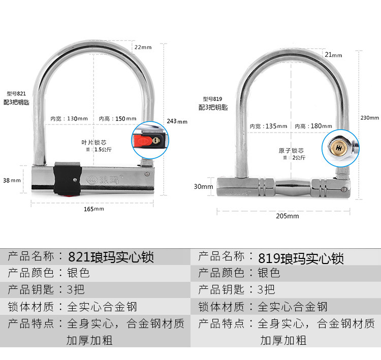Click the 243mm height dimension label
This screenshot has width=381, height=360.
point(177,121)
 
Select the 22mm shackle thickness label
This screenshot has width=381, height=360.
point(143,47)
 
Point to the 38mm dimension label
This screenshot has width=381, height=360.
point(12,180)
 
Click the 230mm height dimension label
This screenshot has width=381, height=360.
point(370,118)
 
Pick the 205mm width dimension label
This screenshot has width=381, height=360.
point(287,216)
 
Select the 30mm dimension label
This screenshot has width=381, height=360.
point(204,186)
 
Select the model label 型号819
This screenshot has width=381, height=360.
point(212,99)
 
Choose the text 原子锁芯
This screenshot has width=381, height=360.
point(291,150)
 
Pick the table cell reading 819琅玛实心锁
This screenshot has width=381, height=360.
point(301,258)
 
